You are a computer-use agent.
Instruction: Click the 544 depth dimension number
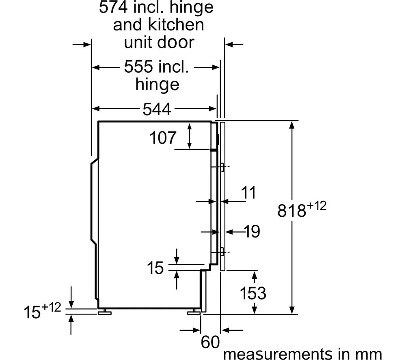157,109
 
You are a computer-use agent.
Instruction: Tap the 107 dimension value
163,138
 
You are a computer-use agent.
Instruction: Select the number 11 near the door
248,192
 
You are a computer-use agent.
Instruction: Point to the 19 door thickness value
252,231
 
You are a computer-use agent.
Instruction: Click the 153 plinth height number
253,293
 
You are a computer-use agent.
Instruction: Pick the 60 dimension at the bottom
210,342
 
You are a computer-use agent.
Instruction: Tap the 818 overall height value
292,210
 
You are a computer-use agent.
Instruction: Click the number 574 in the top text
113,7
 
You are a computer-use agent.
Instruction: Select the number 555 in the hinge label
138,67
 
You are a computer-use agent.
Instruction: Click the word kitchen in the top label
176,25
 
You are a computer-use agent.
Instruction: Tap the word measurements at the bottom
277,354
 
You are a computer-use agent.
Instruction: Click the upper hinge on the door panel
222,167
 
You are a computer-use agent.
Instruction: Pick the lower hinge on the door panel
222,252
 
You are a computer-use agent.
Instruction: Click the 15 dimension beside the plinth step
155,267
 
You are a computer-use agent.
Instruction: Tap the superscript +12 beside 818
316,206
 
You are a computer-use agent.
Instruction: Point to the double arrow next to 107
190,136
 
